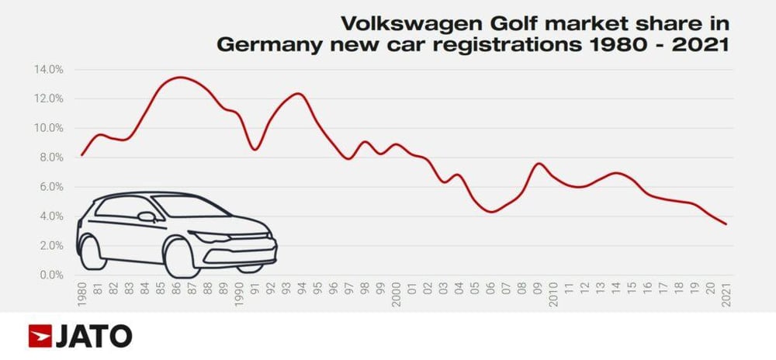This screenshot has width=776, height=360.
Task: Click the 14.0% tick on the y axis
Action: [48, 69]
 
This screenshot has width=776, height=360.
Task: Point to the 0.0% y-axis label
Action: [50, 275]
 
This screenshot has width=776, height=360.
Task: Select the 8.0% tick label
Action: [50, 157]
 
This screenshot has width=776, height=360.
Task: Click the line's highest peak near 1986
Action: [178, 77]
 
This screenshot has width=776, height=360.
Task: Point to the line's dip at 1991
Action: [255, 149]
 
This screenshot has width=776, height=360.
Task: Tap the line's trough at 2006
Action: [490, 211]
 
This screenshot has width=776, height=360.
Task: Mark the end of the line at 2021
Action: [726, 224]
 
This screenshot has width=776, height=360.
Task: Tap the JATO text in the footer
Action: [93, 337]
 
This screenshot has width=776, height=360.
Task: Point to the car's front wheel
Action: [180, 258]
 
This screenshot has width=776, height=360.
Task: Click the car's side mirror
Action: [145, 216]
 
